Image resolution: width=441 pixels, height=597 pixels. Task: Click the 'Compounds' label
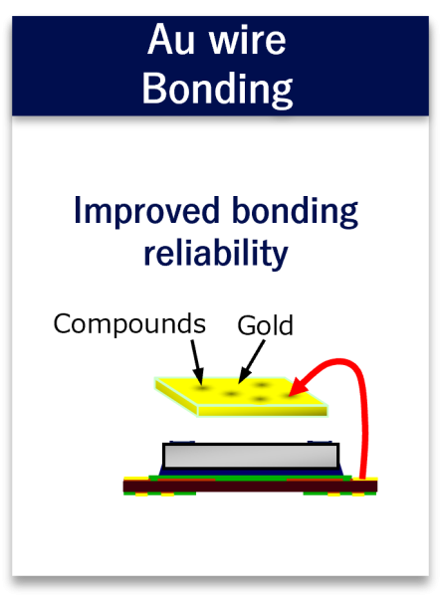click(129, 323)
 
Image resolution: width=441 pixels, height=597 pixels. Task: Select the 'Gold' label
click(265, 326)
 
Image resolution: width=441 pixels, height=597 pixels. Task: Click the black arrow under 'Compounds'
click(196, 360)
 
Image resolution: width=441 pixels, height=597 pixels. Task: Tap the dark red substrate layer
click(249, 487)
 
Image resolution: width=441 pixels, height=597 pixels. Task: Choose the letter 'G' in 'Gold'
click(245, 326)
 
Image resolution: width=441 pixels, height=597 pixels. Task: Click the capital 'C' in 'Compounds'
click(62, 323)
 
